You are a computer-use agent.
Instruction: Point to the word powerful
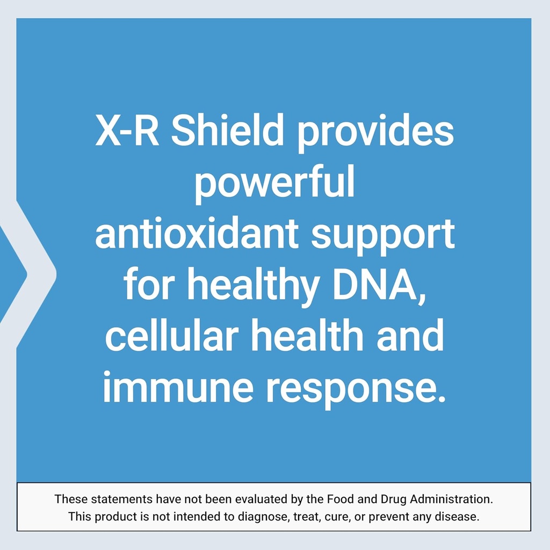tap(274, 183)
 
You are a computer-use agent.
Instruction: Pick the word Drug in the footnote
tap(394, 499)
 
